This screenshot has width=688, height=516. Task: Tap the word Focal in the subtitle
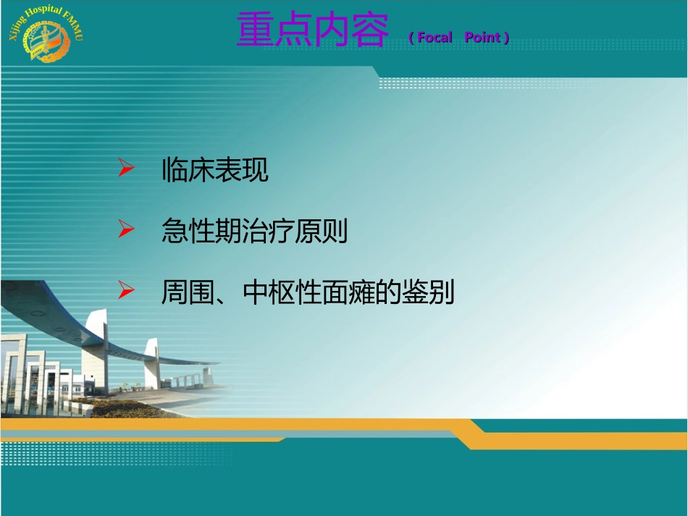[x=435, y=38]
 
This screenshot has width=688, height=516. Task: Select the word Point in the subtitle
[x=482, y=38]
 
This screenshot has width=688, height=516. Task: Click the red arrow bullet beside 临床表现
[x=126, y=170]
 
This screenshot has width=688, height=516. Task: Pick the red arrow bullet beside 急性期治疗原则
[x=126, y=231]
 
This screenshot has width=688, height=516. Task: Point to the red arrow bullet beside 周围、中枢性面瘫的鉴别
[x=126, y=292]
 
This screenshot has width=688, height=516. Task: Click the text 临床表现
[x=215, y=171]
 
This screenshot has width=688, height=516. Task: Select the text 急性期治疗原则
[x=255, y=232]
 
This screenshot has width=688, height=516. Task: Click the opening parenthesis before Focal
[x=411, y=38]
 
